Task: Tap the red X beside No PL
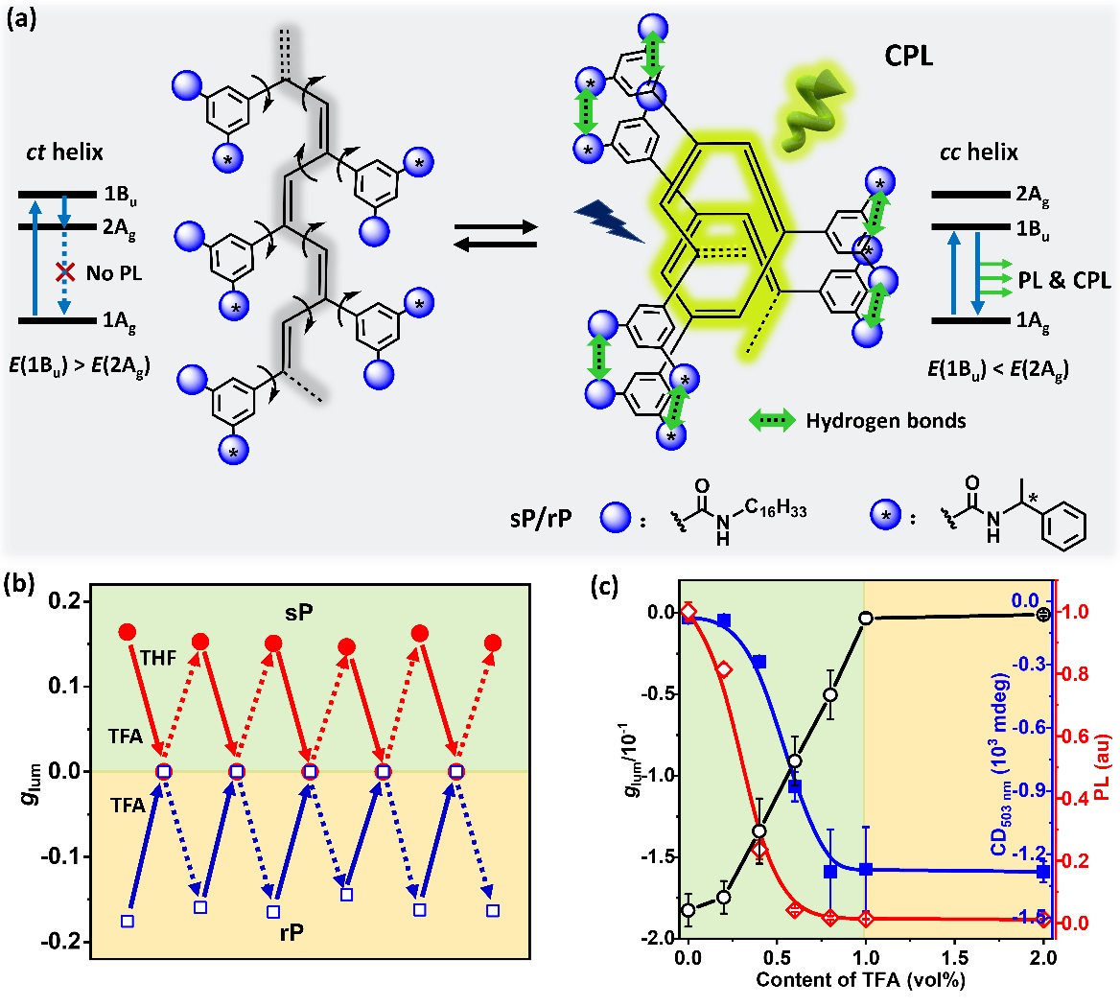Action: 64,272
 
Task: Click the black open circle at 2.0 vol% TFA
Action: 1043,614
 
